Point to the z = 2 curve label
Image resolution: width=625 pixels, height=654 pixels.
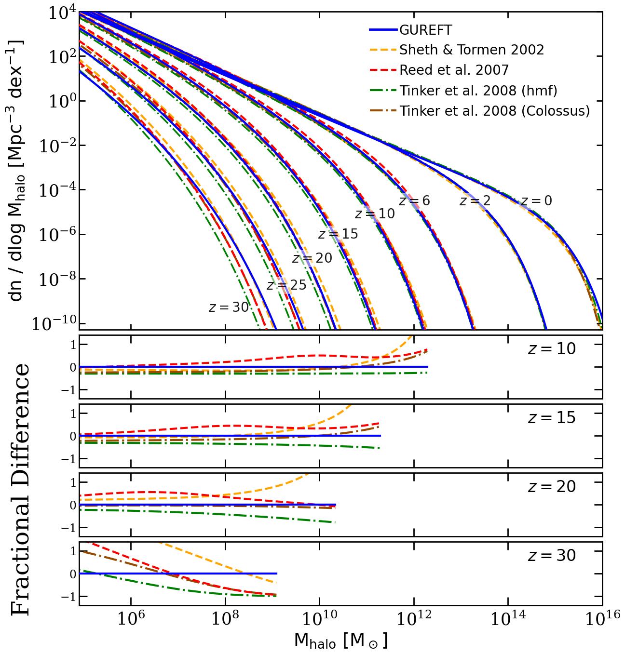click(475, 201)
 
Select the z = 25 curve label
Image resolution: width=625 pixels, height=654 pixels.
click(286, 285)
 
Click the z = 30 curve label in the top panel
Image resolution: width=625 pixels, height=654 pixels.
click(229, 307)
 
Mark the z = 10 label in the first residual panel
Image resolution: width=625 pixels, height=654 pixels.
click(552, 349)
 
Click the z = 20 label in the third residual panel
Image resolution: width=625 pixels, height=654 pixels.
click(552, 487)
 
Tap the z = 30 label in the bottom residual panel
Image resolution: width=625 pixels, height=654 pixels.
click(552, 556)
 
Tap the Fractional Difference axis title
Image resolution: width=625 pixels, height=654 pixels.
click(20, 489)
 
